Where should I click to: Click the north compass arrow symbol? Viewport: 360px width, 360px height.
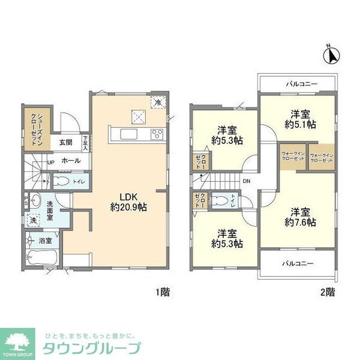pos(329,55)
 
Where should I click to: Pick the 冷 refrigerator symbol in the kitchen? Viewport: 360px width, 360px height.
pos(158,102)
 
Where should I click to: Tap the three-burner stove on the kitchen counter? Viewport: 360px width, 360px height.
pos(158,133)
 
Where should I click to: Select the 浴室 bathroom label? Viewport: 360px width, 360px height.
pos(46,241)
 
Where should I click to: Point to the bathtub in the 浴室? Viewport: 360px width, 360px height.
pos(41,260)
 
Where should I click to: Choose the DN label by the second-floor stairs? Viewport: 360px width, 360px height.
pos(247,181)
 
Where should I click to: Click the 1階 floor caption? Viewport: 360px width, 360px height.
pos(163,293)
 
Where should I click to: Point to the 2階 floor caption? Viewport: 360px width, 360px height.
pos(327,293)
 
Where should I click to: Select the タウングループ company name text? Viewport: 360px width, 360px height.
pos(91,348)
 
